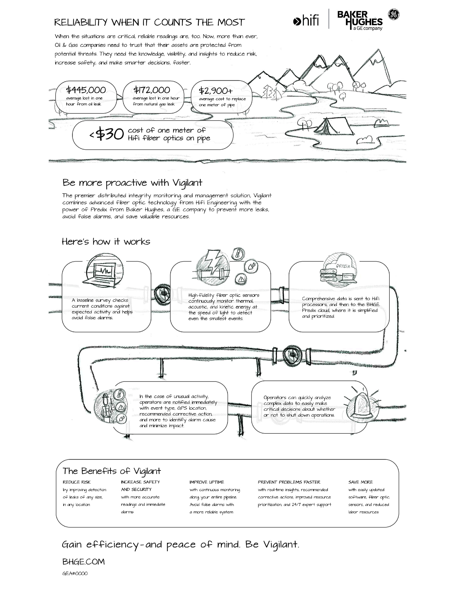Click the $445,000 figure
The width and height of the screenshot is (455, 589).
86,90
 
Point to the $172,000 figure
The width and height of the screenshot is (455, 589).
152,90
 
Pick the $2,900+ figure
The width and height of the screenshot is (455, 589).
216,91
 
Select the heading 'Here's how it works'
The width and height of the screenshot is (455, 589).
106,241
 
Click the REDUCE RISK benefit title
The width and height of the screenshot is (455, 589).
77,482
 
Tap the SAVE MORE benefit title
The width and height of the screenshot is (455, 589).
360,482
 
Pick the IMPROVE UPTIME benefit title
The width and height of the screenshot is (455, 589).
207,482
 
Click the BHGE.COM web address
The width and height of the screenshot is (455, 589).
83,562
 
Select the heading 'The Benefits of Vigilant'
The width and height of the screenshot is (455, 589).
112,471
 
